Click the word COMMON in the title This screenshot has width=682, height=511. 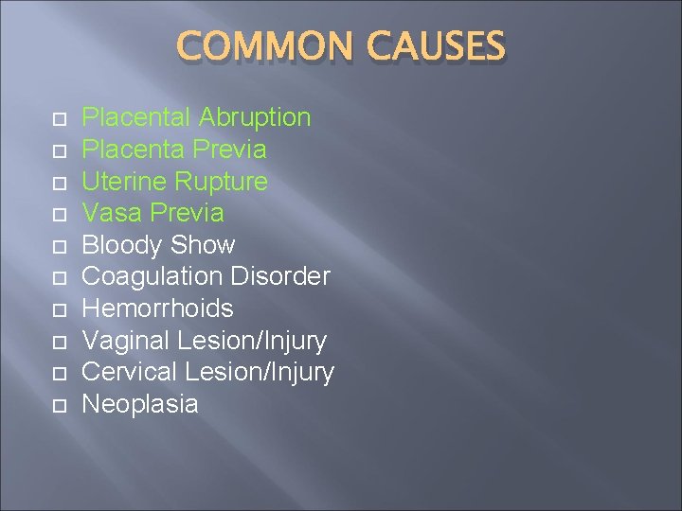[255, 47]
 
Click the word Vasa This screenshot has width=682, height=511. [110, 213]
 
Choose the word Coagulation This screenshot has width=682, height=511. [151, 277]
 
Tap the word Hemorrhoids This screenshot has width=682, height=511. [158, 308]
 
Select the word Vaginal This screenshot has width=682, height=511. [127, 341]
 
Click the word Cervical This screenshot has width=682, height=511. [131, 373]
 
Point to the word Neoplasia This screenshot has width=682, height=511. [140, 404]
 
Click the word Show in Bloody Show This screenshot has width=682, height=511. [203, 245]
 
